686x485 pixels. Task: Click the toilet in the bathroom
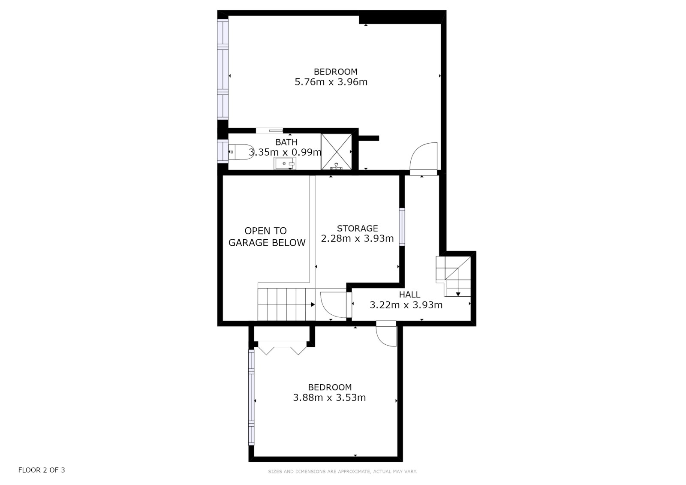(x=241, y=152)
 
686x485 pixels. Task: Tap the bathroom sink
(x=285, y=163)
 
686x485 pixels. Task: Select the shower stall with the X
(x=336, y=152)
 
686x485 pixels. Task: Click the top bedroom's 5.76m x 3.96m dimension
(x=331, y=82)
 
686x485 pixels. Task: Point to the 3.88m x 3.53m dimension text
(x=330, y=398)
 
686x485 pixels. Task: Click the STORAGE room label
(x=358, y=228)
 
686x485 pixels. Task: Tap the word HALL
(x=409, y=295)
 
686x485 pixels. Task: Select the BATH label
(x=286, y=142)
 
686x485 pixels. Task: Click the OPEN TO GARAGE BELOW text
(x=267, y=237)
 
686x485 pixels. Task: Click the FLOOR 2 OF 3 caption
(x=42, y=470)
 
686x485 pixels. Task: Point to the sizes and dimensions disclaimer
(x=343, y=472)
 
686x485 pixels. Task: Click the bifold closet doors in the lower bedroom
(x=282, y=348)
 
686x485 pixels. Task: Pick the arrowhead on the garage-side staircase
(x=313, y=304)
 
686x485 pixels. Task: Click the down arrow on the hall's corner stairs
(x=458, y=294)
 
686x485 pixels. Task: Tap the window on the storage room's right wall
(x=402, y=227)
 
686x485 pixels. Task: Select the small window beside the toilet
(x=223, y=151)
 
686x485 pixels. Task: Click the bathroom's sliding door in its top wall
(x=270, y=131)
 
